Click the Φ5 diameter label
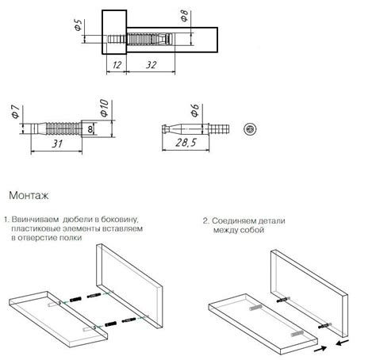point(79,25)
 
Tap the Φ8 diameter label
point(184,16)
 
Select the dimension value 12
point(117,65)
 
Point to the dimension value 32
point(151,65)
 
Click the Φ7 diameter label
point(15,112)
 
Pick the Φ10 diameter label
point(104,108)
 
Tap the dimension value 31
point(57,144)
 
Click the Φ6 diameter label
point(195,110)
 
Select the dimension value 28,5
point(186,143)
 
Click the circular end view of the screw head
point(250,129)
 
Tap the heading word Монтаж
point(29,196)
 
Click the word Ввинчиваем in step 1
point(35,220)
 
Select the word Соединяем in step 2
point(234,220)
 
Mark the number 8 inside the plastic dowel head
point(90,129)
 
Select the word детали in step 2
point(271,220)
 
